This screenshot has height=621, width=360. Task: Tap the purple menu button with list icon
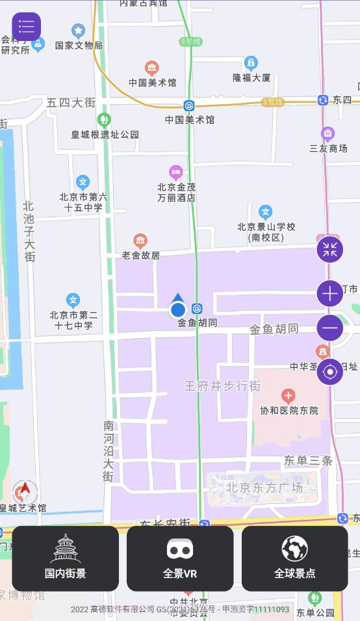tap(27, 27)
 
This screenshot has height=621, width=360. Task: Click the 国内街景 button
tap(65, 558)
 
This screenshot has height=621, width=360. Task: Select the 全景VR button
tap(180, 558)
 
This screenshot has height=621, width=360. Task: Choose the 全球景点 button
tap(294, 558)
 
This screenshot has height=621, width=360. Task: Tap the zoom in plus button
tap(330, 294)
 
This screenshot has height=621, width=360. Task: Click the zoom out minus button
tap(330, 328)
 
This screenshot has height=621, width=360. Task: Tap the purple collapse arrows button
tap(330, 249)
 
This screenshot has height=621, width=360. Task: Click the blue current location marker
tap(178, 310)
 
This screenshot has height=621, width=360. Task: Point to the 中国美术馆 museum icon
tap(151, 68)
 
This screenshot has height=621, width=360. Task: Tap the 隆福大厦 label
tap(251, 77)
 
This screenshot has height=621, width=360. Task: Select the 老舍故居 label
tap(140, 256)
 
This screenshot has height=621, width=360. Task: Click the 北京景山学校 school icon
tap(265, 212)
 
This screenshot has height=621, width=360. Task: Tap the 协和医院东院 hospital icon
tap(289, 395)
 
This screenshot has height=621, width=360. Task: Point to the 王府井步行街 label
tap(222, 386)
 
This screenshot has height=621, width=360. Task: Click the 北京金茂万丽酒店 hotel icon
tap(175, 172)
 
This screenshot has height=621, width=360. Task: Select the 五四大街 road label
tap(71, 103)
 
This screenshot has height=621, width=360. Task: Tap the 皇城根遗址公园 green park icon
tap(103, 120)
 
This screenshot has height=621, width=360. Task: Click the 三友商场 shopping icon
tap(328, 134)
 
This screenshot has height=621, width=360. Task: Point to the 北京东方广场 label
tap(264, 488)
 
